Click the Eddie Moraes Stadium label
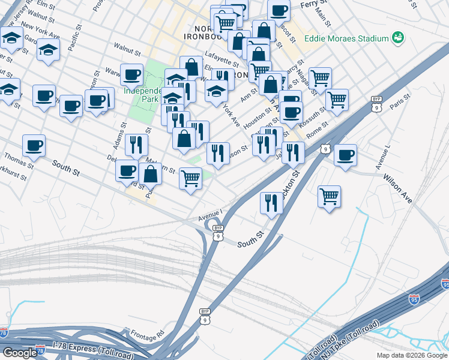[x=346, y=38]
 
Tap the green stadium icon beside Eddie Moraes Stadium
[x=397, y=38]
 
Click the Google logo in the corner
[x=20, y=353]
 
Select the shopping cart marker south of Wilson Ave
[x=329, y=196]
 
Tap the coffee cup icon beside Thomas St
[x=34, y=145]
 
